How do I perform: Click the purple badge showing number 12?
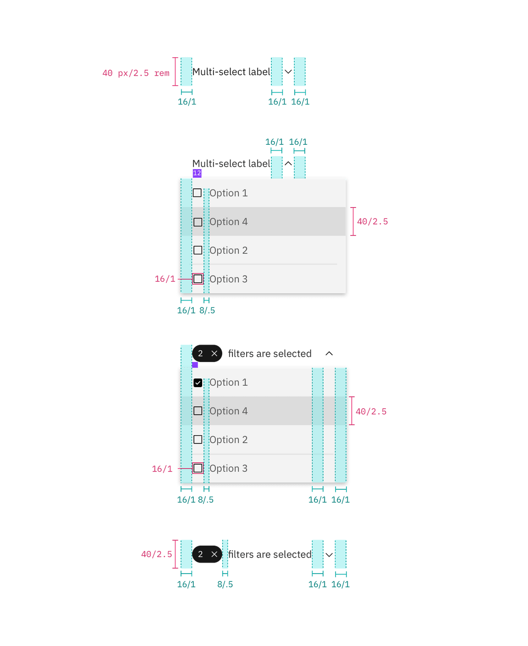(197, 173)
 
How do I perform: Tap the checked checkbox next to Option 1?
(198, 383)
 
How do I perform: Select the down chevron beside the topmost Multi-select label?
(288, 71)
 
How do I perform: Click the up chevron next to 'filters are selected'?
(329, 354)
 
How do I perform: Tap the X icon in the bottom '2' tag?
(214, 554)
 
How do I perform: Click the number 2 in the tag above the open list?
(200, 354)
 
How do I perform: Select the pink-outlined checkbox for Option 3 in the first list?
(198, 279)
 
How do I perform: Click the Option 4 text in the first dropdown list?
(228, 222)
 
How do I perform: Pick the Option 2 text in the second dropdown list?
(228, 440)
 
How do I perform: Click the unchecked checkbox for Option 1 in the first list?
(197, 193)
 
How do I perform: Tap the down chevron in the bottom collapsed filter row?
(329, 555)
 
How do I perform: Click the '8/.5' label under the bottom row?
(225, 584)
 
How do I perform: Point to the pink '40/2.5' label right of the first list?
(372, 221)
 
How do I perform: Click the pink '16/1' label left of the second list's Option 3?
(162, 469)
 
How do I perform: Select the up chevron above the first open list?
(288, 164)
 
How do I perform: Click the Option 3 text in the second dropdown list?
(228, 468)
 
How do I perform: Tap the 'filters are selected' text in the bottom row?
(269, 555)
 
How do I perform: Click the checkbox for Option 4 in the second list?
(198, 411)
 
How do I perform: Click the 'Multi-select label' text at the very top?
(231, 72)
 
